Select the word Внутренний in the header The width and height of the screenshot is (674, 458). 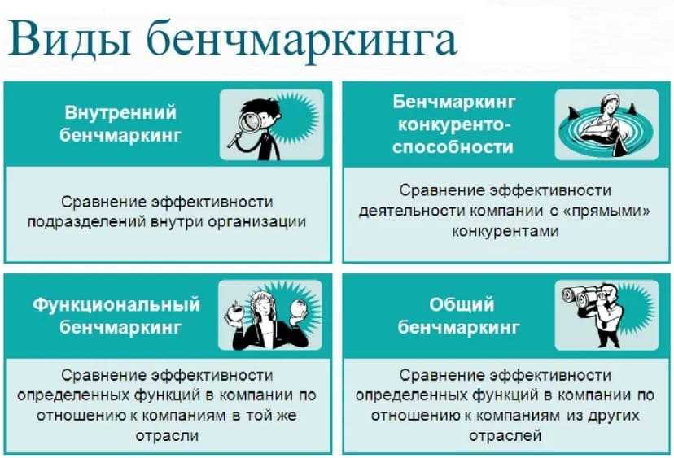pos(118,112)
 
